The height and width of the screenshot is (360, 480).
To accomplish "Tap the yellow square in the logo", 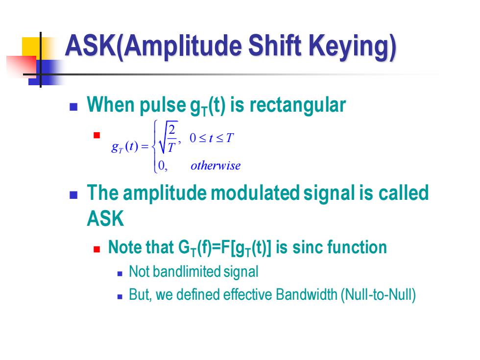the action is click(32, 47).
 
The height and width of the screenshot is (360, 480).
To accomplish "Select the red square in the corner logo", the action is click(22, 66).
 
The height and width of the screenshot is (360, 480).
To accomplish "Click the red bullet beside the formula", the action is click(97, 135).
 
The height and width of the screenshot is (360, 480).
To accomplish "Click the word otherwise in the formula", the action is click(216, 166).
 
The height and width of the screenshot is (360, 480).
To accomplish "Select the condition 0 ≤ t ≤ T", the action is click(212, 138).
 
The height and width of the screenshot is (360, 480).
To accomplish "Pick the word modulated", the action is click(255, 193).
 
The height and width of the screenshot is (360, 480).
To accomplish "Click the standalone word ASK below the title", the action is click(105, 218).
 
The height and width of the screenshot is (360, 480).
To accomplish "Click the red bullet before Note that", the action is click(97, 249).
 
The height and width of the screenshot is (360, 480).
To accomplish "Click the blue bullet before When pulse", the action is click(73, 107).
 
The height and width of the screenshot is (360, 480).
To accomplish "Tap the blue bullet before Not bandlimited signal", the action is click(120, 274).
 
